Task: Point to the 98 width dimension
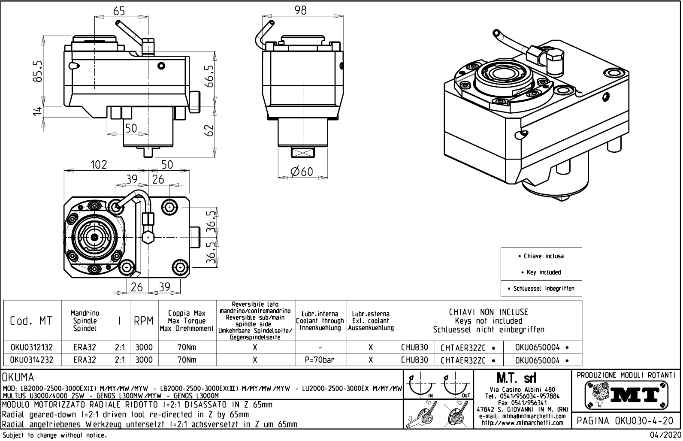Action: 301,10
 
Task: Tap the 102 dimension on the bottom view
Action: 98,165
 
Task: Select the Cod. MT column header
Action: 31,321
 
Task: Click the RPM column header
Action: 144,321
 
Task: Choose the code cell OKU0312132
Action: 31,347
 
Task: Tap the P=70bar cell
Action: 320,360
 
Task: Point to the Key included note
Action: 541,272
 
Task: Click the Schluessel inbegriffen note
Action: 541,289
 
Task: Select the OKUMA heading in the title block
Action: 18,378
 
